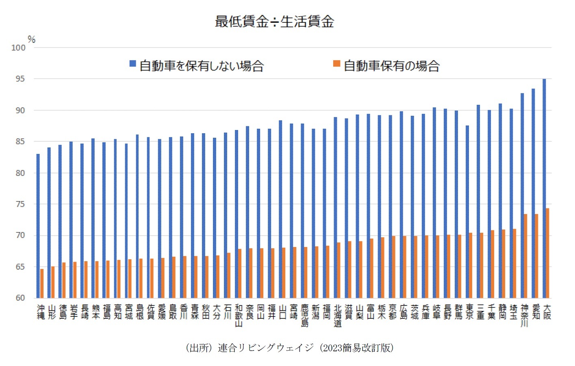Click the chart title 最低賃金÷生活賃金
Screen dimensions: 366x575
point(274,22)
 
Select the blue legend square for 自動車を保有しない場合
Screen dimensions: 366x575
point(132,64)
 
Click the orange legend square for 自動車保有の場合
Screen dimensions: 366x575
point(336,64)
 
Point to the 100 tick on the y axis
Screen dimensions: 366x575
point(18,48)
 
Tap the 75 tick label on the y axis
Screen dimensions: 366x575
point(20,204)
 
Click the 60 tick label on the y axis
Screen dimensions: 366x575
point(20,298)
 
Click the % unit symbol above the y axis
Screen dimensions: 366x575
point(31,39)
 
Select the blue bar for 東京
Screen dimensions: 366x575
point(467,212)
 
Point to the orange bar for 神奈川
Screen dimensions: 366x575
point(525,256)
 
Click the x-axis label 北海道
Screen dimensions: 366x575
point(338,316)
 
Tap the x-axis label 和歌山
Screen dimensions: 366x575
point(239,316)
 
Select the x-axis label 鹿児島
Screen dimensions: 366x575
point(305,316)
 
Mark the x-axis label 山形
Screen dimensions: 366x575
point(52,312)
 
